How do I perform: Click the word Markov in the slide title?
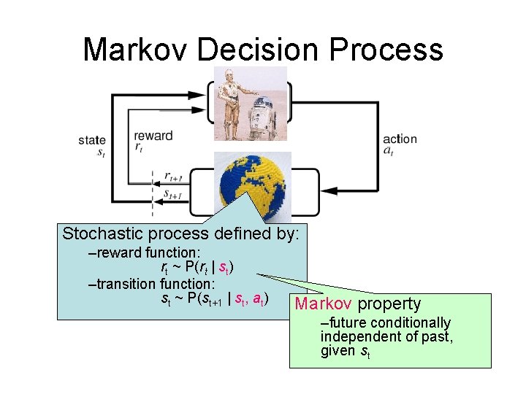[x=136, y=50]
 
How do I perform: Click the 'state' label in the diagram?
[x=92, y=140]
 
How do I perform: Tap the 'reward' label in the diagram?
[x=153, y=136]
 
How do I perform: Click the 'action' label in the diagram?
[x=400, y=139]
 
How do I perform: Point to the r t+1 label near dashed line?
[x=172, y=177]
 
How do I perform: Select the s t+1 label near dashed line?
[x=172, y=195]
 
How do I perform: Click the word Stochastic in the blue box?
[x=102, y=234]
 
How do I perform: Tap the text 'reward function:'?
[x=138, y=252]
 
